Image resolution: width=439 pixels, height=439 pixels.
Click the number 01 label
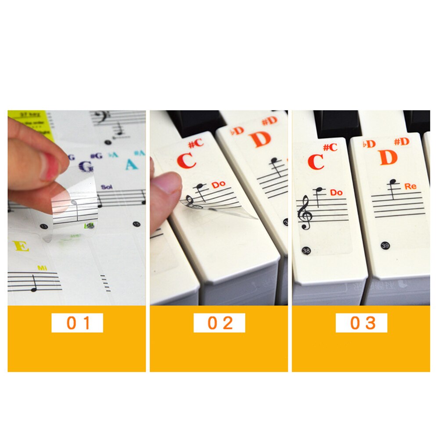coord(77,323)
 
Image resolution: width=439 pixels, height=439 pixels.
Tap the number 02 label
coord(219,323)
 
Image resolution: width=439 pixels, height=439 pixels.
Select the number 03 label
coord(362,323)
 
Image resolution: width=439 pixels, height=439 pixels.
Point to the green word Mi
coord(42,268)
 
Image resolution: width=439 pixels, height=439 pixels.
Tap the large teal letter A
coord(131,164)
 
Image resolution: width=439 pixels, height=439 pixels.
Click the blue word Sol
coord(107,187)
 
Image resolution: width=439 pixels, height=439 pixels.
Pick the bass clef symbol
coord(99,116)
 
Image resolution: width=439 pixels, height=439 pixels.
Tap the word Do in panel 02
coord(218,185)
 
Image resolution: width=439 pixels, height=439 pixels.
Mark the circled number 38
coord(306,251)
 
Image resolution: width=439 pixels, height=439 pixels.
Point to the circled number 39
coord(385,245)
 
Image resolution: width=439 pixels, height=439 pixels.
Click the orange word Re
coord(410,187)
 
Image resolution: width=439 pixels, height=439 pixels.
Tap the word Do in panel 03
coord(336,192)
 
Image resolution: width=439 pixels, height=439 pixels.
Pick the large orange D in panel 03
coord(389,158)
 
